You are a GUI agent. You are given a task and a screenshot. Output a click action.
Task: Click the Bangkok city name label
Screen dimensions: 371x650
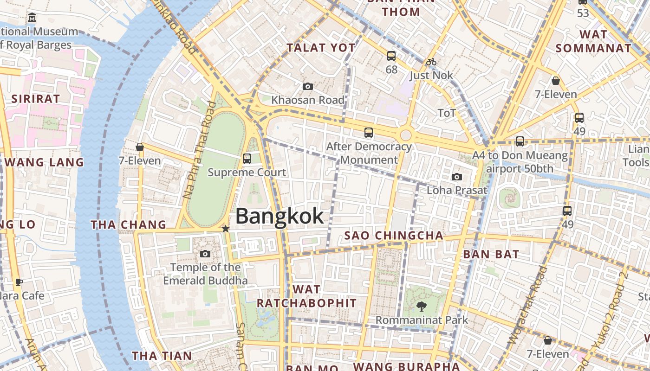279,216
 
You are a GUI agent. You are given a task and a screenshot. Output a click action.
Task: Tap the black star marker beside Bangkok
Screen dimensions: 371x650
225,229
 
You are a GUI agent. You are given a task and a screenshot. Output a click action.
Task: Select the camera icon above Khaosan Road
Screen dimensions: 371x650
307,86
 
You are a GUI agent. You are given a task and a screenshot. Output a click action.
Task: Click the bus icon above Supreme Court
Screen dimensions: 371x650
247,159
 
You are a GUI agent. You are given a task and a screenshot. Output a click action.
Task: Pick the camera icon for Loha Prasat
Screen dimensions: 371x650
457,177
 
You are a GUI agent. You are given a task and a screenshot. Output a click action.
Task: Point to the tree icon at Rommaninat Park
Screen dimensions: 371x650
422,306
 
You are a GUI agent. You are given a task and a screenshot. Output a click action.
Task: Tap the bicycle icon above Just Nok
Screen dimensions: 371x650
431,62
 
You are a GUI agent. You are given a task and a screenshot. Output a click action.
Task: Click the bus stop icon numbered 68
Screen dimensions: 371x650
391,56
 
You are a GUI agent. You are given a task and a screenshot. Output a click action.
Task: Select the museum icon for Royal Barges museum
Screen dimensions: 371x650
32,18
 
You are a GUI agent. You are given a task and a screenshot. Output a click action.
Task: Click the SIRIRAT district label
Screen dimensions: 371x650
36,99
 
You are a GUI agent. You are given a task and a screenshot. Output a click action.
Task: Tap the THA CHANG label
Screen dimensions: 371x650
128,225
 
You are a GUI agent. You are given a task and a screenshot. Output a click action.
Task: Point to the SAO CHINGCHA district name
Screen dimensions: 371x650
394,236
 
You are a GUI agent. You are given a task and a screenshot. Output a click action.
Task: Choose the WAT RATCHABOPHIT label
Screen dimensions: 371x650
306,296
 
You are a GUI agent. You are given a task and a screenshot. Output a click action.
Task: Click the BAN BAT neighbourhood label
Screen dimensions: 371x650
491,254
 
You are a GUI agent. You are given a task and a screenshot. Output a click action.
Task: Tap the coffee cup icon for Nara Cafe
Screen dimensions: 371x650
19,282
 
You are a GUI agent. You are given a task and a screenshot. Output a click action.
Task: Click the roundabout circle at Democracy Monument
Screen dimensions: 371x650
406,135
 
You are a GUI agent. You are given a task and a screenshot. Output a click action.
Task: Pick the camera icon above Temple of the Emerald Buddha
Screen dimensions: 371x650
205,254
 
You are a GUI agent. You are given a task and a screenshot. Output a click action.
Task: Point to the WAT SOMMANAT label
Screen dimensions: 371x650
593,41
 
